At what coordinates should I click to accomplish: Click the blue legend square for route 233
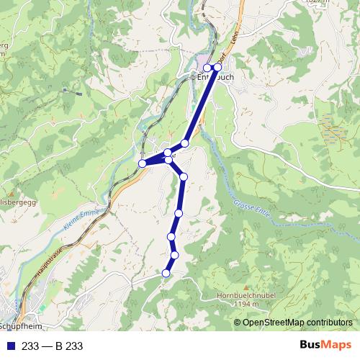coord(9,346)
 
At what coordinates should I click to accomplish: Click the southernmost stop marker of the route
coord(166,273)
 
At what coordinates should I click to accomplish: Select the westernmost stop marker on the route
coord(143,163)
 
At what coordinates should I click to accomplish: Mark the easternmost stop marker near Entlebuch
coord(217,67)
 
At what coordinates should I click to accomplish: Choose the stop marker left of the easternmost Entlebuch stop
coord(207,68)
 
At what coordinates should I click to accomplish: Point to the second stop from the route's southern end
coord(174,254)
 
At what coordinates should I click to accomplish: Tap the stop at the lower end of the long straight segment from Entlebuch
coord(184,144)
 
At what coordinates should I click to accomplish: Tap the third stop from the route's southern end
coord(171,236)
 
